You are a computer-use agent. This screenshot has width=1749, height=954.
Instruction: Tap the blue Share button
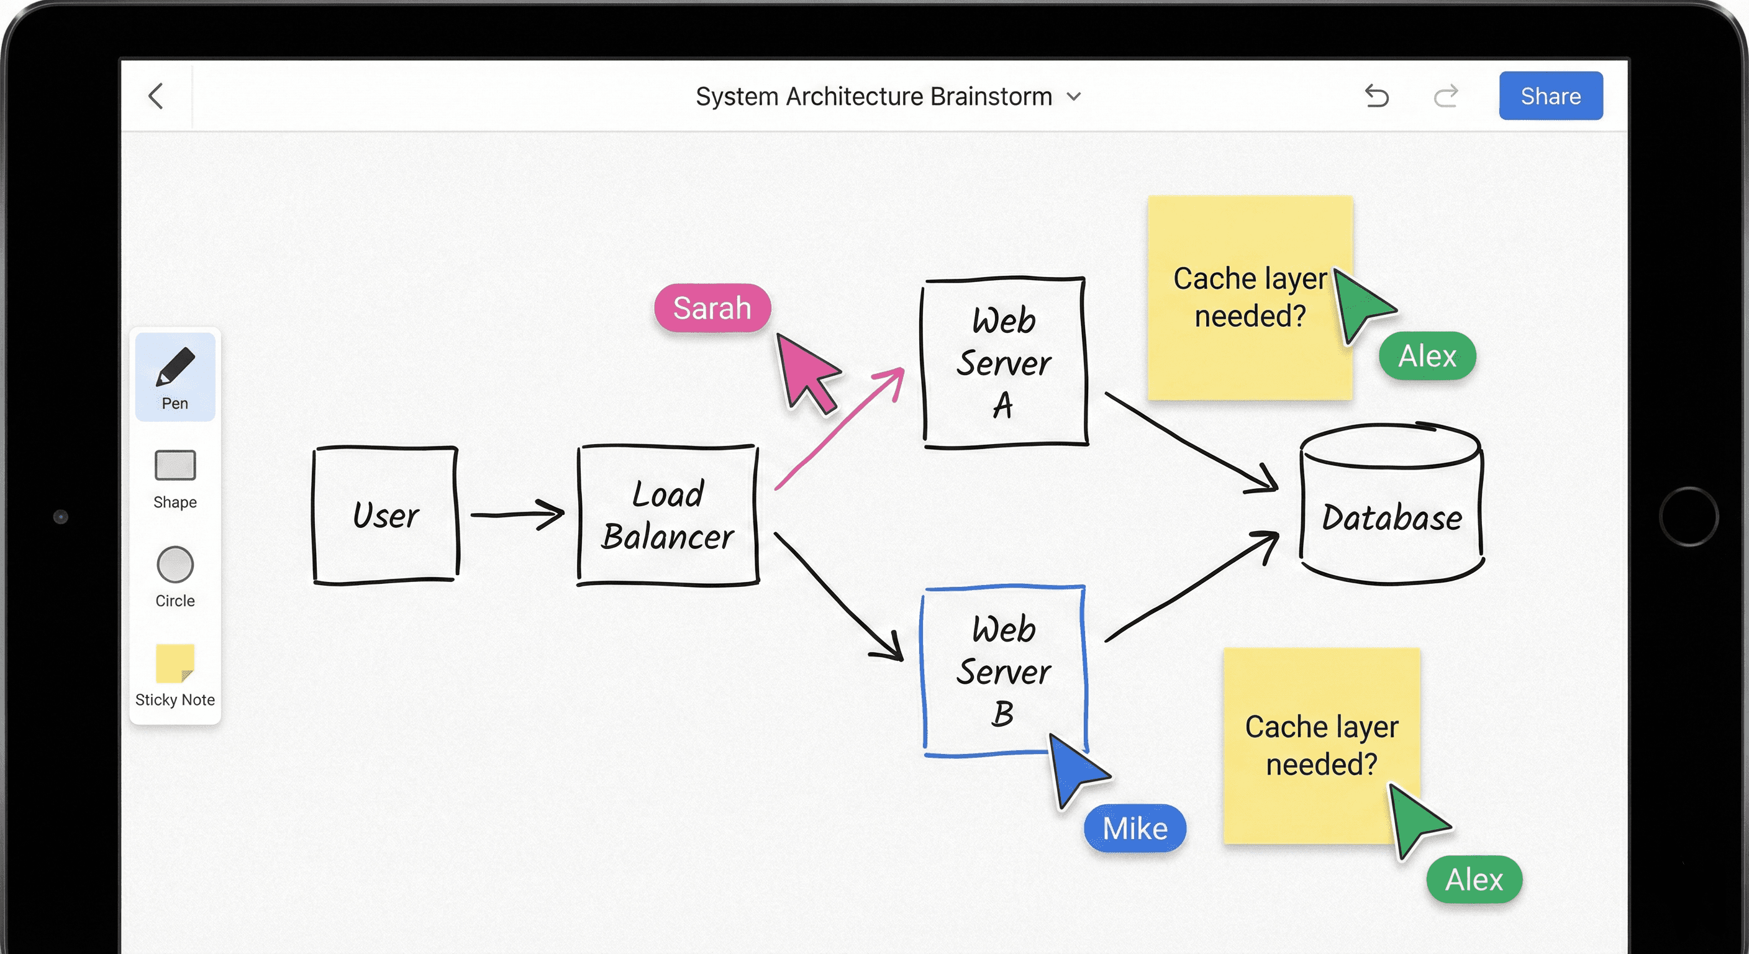point(1550,96)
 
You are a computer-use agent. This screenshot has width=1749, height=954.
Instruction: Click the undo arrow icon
point(1376,96)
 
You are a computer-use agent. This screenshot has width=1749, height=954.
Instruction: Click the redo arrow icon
point(1445,96)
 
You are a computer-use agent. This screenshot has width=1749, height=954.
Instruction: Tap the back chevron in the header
point(156,96)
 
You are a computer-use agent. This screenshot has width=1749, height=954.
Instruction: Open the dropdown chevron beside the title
point(1073,96)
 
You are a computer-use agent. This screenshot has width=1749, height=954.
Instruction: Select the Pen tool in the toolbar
point(175,377)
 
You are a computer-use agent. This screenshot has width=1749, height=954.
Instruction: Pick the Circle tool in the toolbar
point(175,576)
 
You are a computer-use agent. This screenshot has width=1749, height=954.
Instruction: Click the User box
point(385,515)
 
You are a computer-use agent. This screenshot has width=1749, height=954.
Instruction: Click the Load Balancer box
point(668,515)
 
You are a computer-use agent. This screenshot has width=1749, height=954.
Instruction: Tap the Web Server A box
point(1004,363)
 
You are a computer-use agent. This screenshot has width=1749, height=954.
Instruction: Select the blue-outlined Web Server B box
point(1004,671)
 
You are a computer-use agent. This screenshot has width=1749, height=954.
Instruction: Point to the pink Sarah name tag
point(712,308)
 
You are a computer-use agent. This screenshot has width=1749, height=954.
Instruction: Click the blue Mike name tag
point(1135,829)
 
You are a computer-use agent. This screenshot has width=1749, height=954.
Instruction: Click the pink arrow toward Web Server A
point(839,429)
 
